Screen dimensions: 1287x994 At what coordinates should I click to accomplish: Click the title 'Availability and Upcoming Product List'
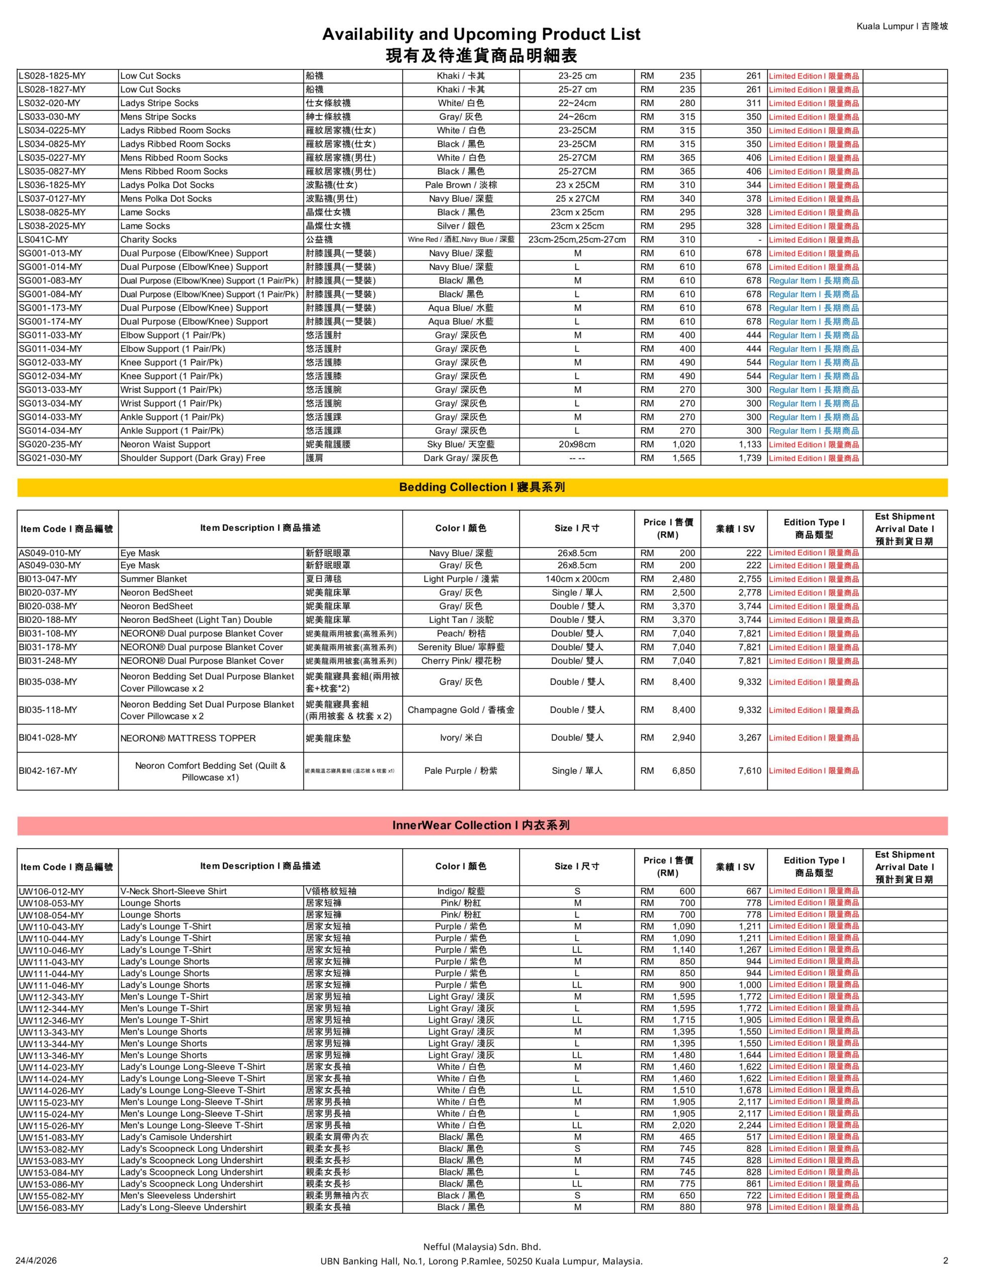(481, 34)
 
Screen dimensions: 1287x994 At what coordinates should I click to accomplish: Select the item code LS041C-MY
(44, 240)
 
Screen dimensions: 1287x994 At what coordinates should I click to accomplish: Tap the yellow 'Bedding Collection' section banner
(482, 487)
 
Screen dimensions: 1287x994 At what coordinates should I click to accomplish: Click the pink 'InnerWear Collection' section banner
(482, 825)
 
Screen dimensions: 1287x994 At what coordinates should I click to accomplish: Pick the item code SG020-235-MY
(51, 444)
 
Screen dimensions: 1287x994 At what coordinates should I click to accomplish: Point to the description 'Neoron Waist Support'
(165, 444)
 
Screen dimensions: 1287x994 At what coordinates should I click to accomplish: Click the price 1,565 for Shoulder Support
(683, 458)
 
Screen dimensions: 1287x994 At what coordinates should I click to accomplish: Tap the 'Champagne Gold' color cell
(461, 710)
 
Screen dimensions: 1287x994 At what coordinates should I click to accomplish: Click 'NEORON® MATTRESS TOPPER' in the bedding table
(188, 739)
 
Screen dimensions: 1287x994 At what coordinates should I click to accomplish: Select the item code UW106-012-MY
(51, 891)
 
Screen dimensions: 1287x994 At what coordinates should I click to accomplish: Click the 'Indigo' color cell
(461, 891)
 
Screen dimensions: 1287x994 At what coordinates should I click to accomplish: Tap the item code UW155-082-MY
(51, 1196)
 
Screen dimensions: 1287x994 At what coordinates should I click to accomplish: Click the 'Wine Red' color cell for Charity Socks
(461, 240)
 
